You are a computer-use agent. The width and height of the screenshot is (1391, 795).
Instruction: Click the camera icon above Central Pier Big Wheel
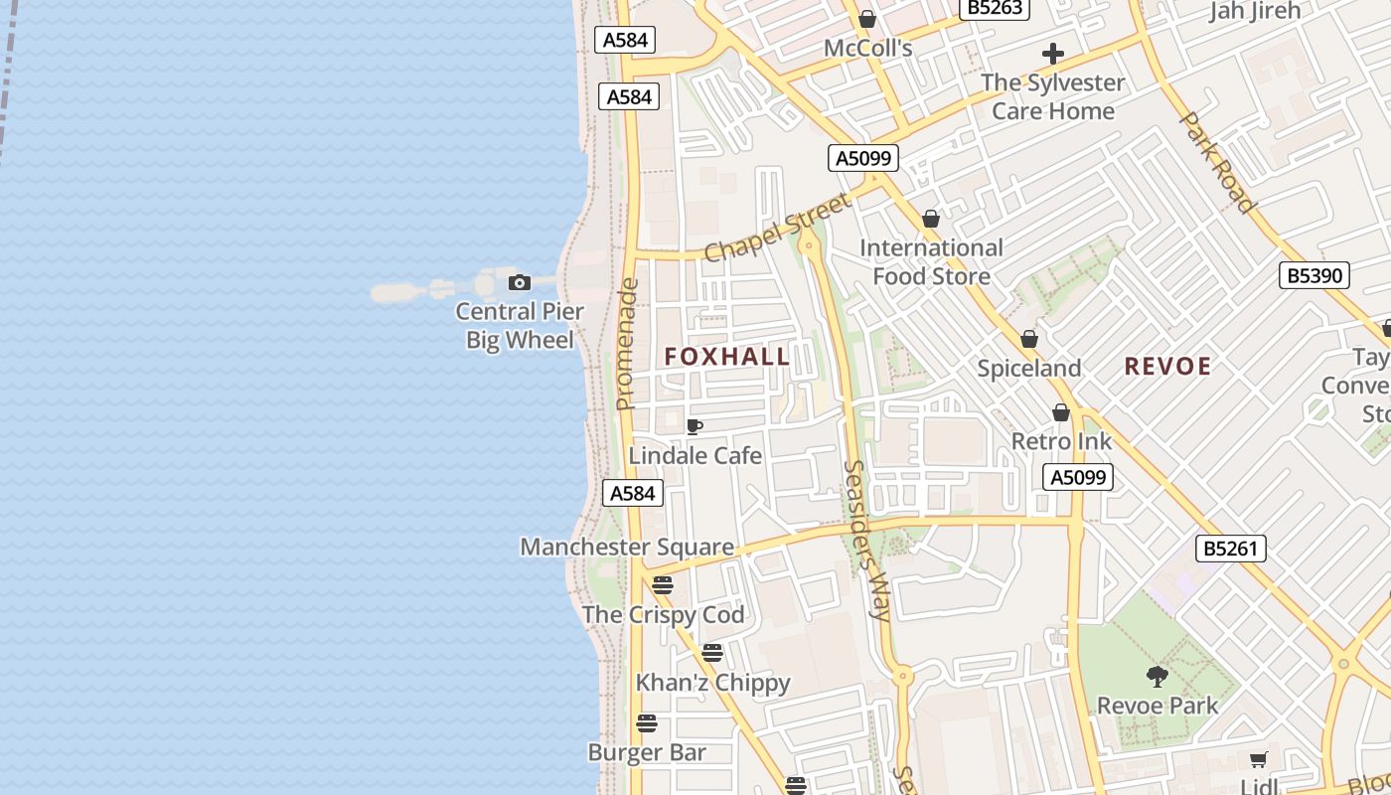519,283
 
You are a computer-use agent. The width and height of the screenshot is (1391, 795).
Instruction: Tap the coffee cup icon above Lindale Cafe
695,427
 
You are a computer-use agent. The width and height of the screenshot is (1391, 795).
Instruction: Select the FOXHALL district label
727,357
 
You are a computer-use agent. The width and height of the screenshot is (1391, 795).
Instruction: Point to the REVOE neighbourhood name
1167,367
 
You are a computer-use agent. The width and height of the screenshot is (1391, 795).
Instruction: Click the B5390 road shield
1314,275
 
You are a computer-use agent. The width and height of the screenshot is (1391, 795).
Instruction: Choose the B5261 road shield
1230,548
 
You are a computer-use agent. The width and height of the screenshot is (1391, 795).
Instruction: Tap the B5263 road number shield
994,8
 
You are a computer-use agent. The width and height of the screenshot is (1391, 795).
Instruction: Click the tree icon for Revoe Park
1157,677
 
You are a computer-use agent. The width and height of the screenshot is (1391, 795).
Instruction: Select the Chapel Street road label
777,228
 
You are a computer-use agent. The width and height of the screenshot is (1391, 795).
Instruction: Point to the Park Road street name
1216,161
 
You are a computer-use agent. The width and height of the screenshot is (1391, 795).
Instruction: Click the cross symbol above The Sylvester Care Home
1053,54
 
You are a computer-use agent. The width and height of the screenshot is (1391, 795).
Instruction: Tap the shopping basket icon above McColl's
867,19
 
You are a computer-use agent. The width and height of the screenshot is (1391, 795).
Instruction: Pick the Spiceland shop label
1028,369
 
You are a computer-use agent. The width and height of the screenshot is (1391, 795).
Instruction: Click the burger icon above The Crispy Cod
663,585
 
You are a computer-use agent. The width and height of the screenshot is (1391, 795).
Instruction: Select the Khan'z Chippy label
712,683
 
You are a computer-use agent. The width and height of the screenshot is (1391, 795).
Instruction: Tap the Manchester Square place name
627,548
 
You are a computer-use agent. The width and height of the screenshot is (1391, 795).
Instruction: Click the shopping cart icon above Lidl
1258,760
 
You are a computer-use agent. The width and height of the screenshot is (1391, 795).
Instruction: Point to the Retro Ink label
1061,440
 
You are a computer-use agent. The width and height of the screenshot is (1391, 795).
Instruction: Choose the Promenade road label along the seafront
626,344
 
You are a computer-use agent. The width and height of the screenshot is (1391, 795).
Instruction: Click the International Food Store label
931,261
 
